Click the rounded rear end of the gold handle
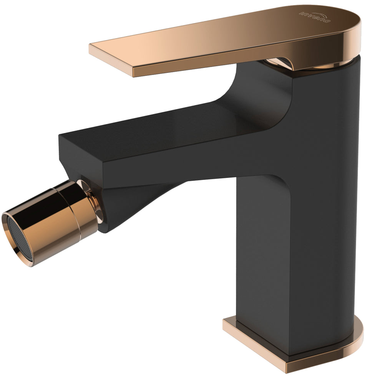coord(348,31)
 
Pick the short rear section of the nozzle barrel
coord(86,209)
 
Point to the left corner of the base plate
coord(227,324)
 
